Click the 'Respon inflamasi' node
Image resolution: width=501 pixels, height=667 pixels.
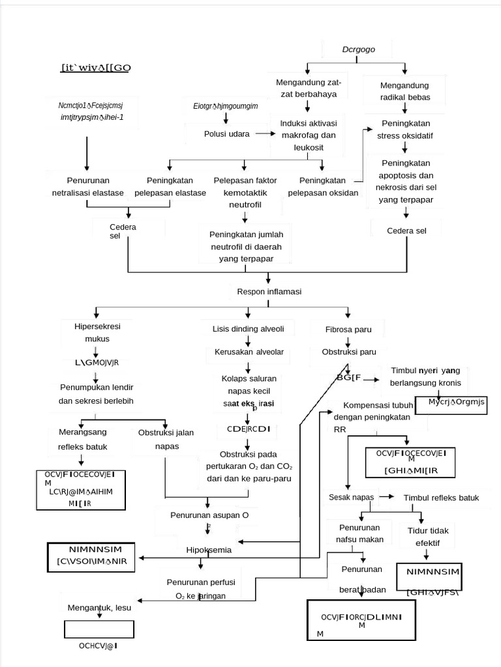[x=269, y=292]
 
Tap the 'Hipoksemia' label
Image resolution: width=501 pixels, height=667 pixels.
[x=208, y=550]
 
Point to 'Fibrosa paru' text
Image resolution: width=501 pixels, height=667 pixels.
[x=348, y=330]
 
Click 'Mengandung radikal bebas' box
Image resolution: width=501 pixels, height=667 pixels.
[x=404, y=91]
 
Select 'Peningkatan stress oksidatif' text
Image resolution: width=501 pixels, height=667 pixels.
[x=404, y=130]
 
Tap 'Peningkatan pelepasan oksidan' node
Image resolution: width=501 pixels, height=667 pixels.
[x=323, y=186]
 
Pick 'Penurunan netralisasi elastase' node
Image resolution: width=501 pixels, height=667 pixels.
[x=87, y=186]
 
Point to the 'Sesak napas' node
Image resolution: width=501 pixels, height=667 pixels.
[x=351, y=498]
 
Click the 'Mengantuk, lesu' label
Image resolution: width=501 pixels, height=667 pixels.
[x=99, y=608]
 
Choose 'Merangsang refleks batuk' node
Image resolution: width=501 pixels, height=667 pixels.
[x=83, y=439]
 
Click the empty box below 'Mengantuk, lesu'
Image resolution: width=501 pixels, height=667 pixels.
[x=99, y=629]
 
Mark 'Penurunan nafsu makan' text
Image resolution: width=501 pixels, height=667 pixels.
[x=359, y=533]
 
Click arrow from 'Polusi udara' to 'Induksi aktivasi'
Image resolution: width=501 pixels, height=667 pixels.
[x=263, y=134]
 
